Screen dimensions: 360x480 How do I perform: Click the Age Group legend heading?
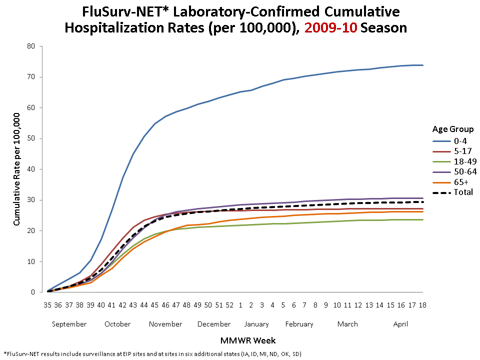pyautogui.click(x=452, y=128)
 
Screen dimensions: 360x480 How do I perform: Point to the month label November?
pyautogui.click(x=165, y=324)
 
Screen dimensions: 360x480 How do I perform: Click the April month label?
pyautogui.click(x=400, y=324)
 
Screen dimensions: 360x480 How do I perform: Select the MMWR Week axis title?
pyautogui.click(x=248, y=340)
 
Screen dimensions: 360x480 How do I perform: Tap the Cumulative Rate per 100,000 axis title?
pyautogui.click(x=16, y=168)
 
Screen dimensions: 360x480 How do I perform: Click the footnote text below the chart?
pyautogui.click(x=152, y=353)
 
